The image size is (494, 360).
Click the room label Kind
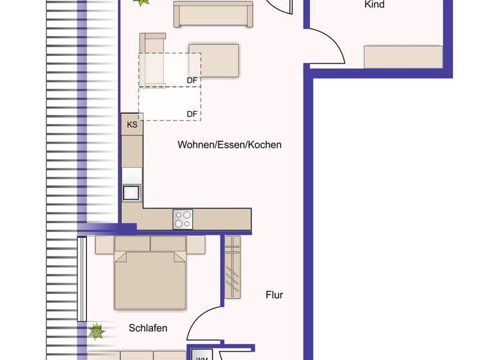pos(374,4)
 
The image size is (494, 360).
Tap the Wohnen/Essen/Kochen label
pos(230,145)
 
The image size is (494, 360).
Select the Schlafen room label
pos(148,328)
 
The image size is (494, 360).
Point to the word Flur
pos(275,295)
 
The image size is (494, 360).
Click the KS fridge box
pos(132,125)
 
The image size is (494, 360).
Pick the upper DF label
pos(192,80)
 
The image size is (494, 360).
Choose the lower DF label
pos(192,114)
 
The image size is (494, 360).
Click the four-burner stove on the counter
pos(183,219)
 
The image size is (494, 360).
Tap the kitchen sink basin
pos(132,192)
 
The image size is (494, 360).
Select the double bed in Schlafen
pos(150,280)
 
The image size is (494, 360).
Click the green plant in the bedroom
pos(96,331)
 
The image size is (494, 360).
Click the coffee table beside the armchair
pos(214,60)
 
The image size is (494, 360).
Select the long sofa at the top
pos(214,15)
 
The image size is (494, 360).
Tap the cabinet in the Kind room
pos(403,57)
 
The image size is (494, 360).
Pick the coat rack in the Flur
pos(232,267)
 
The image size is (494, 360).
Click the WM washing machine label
pos(201,357)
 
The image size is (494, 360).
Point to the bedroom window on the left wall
pos(82,279)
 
